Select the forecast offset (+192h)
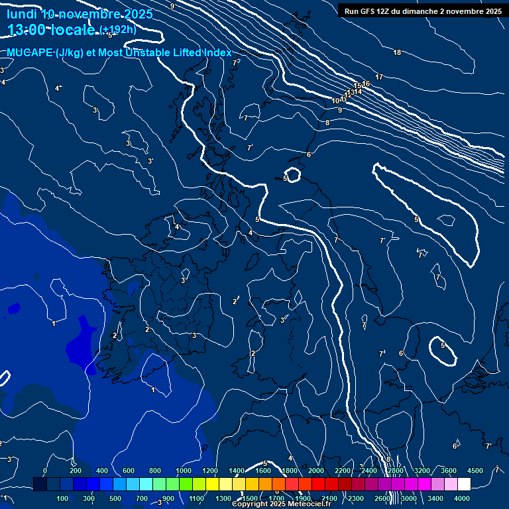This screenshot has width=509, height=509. click(x=118, y=29)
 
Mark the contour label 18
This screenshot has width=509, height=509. click(x=397, y=53)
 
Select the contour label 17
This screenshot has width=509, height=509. click(x=379, y=78)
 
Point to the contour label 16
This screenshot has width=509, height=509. click(x=366, y=84)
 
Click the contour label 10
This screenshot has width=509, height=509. click(x=336, y=101)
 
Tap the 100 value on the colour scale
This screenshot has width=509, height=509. click(x=63, y=498)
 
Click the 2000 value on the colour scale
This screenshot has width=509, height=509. click(x=316, y=471)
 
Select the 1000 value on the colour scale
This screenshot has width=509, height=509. click(x=184, y=471)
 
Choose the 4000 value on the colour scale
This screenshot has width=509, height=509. click(x=462, y=498)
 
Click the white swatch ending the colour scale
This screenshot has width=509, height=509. click(x=464, y=484)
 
